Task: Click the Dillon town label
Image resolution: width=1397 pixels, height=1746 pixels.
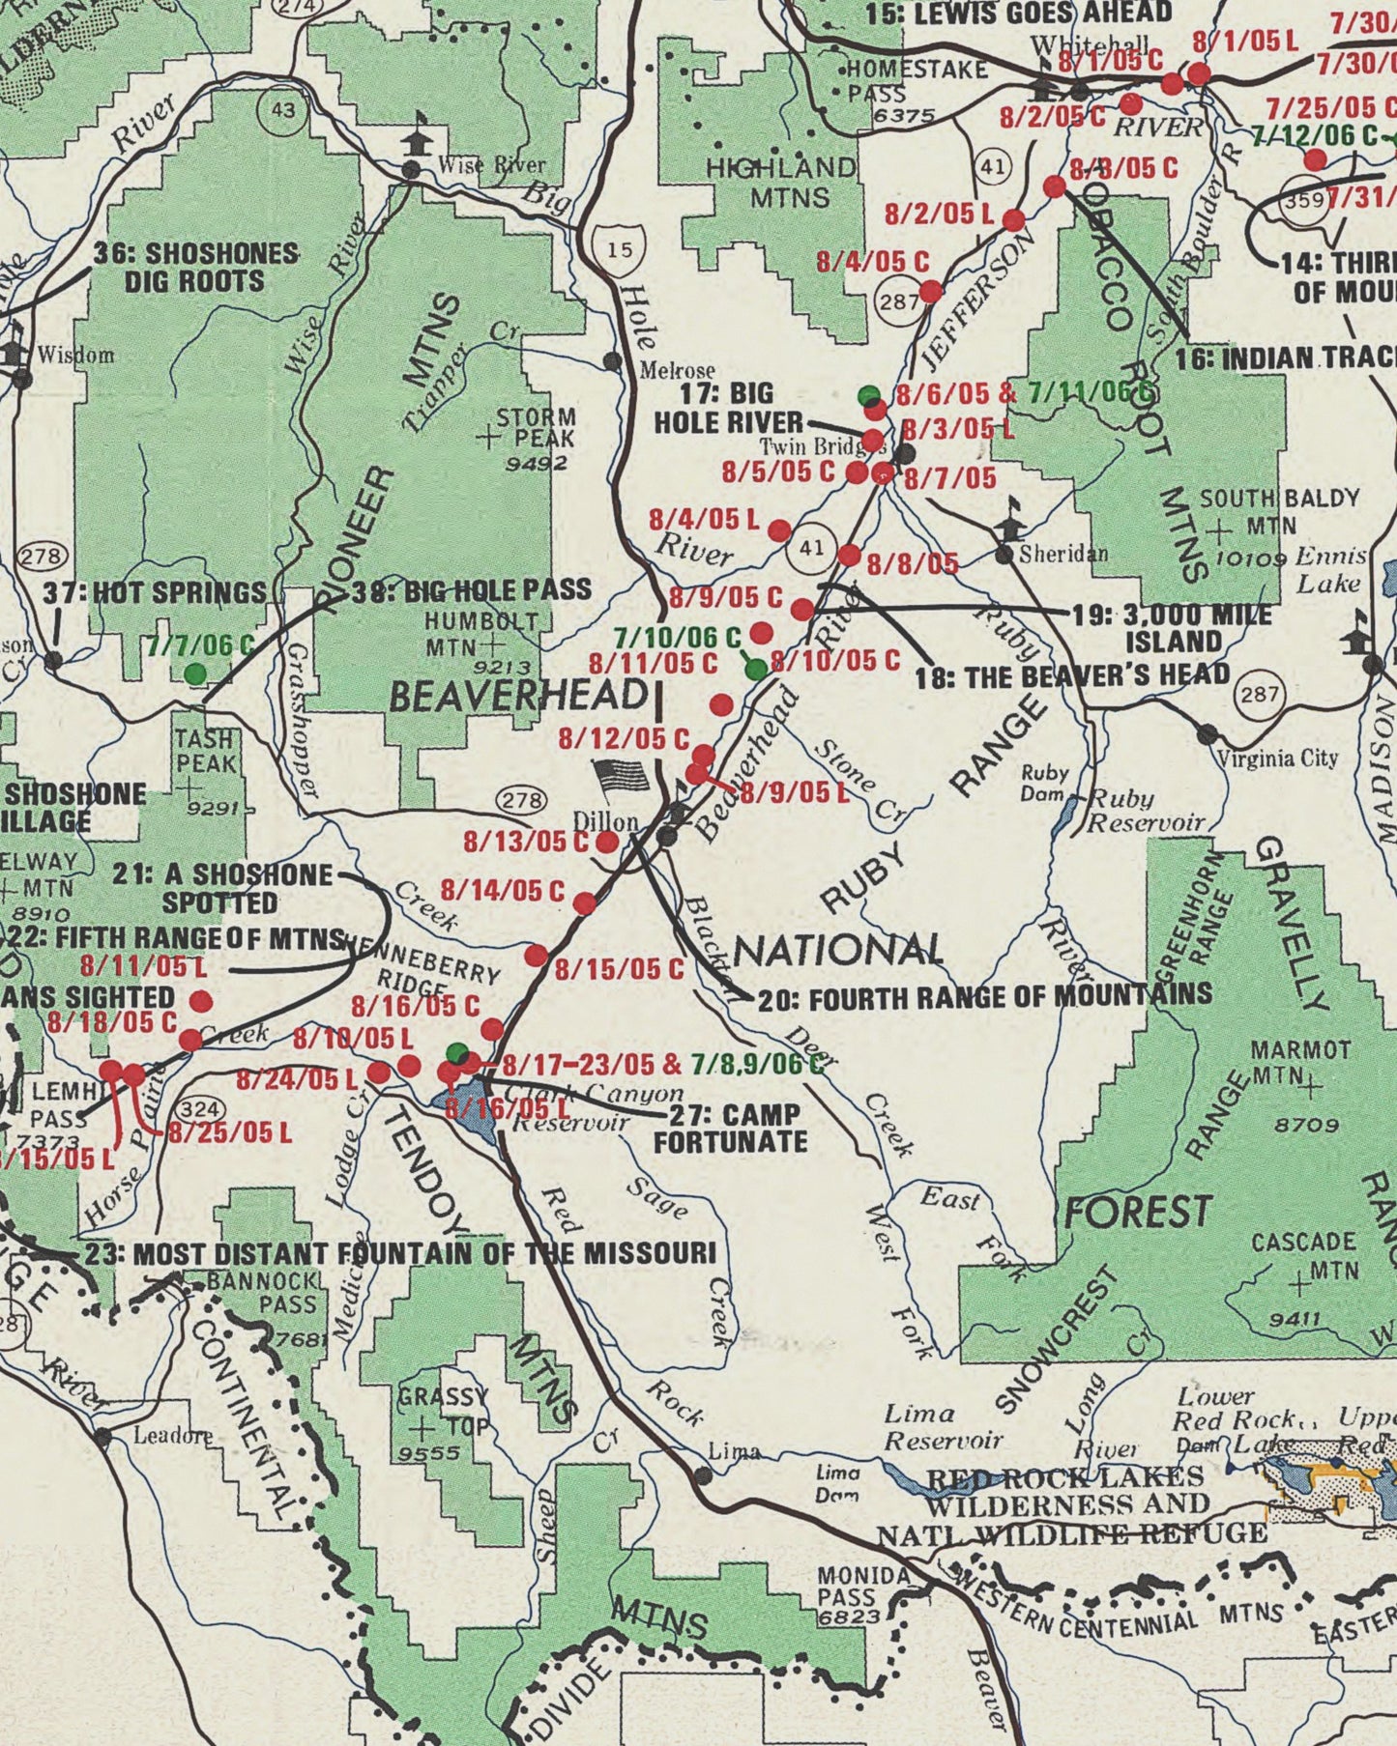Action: click(x=605, y=820)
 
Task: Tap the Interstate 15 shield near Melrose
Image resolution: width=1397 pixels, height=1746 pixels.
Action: click(x=620, y=249)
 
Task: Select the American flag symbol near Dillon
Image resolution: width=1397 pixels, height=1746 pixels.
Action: click(x=623, y=776)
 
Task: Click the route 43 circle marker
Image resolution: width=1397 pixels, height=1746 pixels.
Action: click(x=282, y=110)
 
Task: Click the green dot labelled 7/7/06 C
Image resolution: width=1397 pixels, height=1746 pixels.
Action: click(x=195, y=673)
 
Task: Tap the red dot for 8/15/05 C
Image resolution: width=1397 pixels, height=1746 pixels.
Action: click(x=536, y=956)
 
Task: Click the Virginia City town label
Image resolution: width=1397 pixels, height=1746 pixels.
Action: click(x=1276, y=758)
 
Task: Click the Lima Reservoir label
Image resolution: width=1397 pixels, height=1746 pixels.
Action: click(x=943, y=1427)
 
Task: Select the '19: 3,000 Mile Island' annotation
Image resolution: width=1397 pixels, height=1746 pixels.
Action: click(x=1172, y=628)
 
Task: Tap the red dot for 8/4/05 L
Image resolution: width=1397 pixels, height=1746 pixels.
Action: click(x=779, y=530)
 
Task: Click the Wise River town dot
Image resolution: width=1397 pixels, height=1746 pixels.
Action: click(x=411, y=170)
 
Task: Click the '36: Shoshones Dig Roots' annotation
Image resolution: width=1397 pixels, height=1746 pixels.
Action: click(x=195, y=268)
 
